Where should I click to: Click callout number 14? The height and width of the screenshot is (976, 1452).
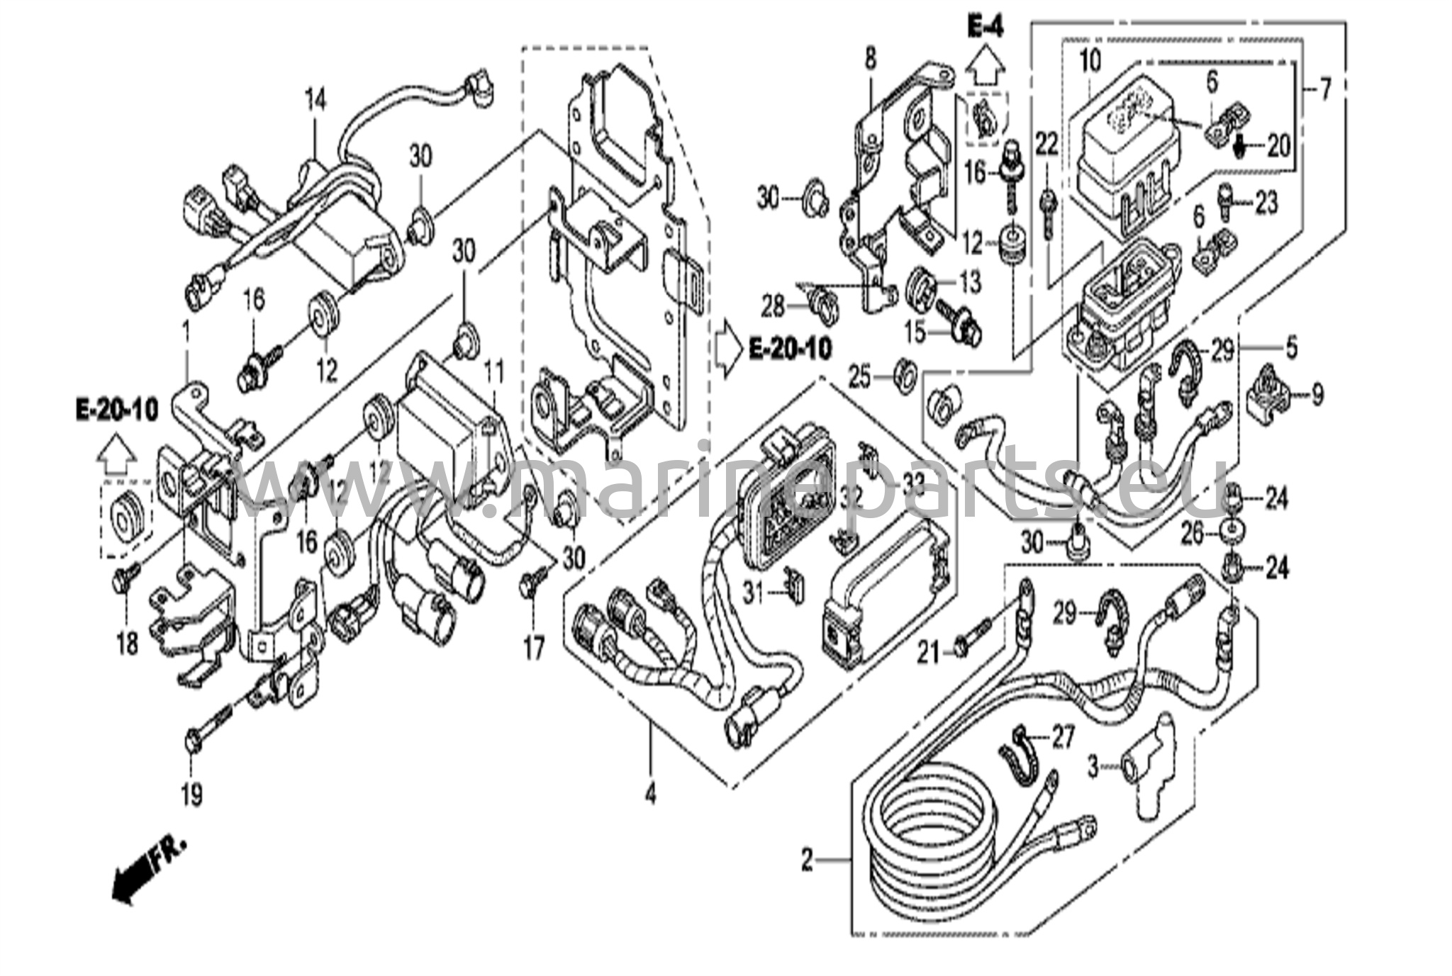(315, 100)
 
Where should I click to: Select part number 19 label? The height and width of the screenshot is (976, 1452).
(191, 795)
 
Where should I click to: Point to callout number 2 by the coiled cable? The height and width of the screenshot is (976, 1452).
(807, 861)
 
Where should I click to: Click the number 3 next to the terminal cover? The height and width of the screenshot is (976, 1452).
(1093, 765)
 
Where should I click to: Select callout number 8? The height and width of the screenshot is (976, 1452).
(870, 60)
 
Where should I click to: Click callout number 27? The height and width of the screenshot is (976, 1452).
(1063, 738)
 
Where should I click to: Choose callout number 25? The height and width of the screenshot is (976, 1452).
(859, 377)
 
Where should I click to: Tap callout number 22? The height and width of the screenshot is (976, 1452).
(1046, 145)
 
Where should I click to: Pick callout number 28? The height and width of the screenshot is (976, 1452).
(773, 306)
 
